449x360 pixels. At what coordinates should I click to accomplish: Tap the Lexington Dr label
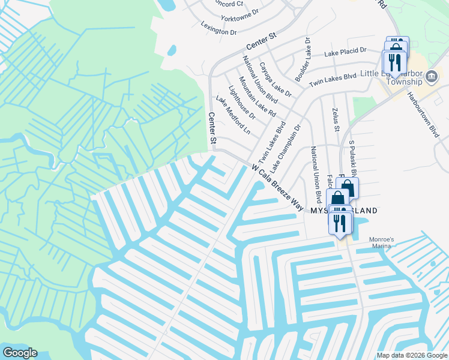218,28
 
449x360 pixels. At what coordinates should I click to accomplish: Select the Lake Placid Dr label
345,53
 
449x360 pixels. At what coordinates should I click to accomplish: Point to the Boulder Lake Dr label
301,60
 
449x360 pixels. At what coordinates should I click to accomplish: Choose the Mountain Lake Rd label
257,97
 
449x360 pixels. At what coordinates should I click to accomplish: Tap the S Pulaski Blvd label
353,161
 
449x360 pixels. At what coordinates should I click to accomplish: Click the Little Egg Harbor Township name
390,77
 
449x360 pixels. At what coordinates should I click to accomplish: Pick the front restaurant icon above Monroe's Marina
341,223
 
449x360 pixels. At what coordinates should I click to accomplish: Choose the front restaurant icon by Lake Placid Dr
394,61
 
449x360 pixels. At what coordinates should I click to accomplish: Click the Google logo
19,353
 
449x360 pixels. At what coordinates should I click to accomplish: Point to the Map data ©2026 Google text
411,355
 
